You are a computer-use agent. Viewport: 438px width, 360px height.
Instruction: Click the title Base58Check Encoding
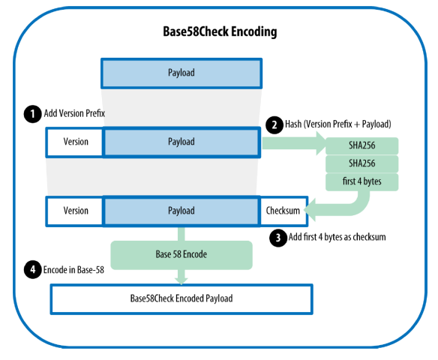pos(220,31)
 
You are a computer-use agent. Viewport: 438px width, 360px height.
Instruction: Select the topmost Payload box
pos(181,73)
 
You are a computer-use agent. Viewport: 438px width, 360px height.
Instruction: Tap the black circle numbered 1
pos(33,114)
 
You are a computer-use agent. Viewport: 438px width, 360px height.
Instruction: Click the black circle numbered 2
pos(274,124)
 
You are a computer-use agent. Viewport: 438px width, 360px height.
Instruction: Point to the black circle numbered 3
pos(278,238)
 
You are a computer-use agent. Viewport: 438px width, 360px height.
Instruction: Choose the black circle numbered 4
pos(33,270)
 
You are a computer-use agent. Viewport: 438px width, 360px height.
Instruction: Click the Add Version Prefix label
pos(74,113)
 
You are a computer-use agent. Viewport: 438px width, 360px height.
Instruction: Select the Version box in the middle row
pos(74,142)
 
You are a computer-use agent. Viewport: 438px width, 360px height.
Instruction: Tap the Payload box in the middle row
pos(181,142)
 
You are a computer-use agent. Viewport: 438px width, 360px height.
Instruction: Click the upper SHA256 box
pos(361,145)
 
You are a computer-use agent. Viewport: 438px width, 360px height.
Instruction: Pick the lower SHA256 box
pos(361,163)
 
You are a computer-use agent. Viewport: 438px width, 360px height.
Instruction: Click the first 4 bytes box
pos(361,181)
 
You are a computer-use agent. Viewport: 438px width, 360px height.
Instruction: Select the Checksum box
pos(283,211)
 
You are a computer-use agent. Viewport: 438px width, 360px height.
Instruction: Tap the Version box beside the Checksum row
pos(74,211)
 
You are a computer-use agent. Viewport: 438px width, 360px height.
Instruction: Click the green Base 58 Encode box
pos(181,255)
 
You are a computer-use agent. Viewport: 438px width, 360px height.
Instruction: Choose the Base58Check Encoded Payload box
pos(181,299)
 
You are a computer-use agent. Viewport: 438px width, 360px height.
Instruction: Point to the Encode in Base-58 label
pos(73,270)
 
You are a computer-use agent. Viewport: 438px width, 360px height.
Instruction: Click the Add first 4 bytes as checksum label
pos(337,237)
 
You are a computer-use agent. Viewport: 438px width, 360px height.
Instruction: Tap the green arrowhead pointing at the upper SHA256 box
pos(321,143)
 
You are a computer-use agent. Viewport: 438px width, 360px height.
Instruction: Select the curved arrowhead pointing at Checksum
pos(310,210)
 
